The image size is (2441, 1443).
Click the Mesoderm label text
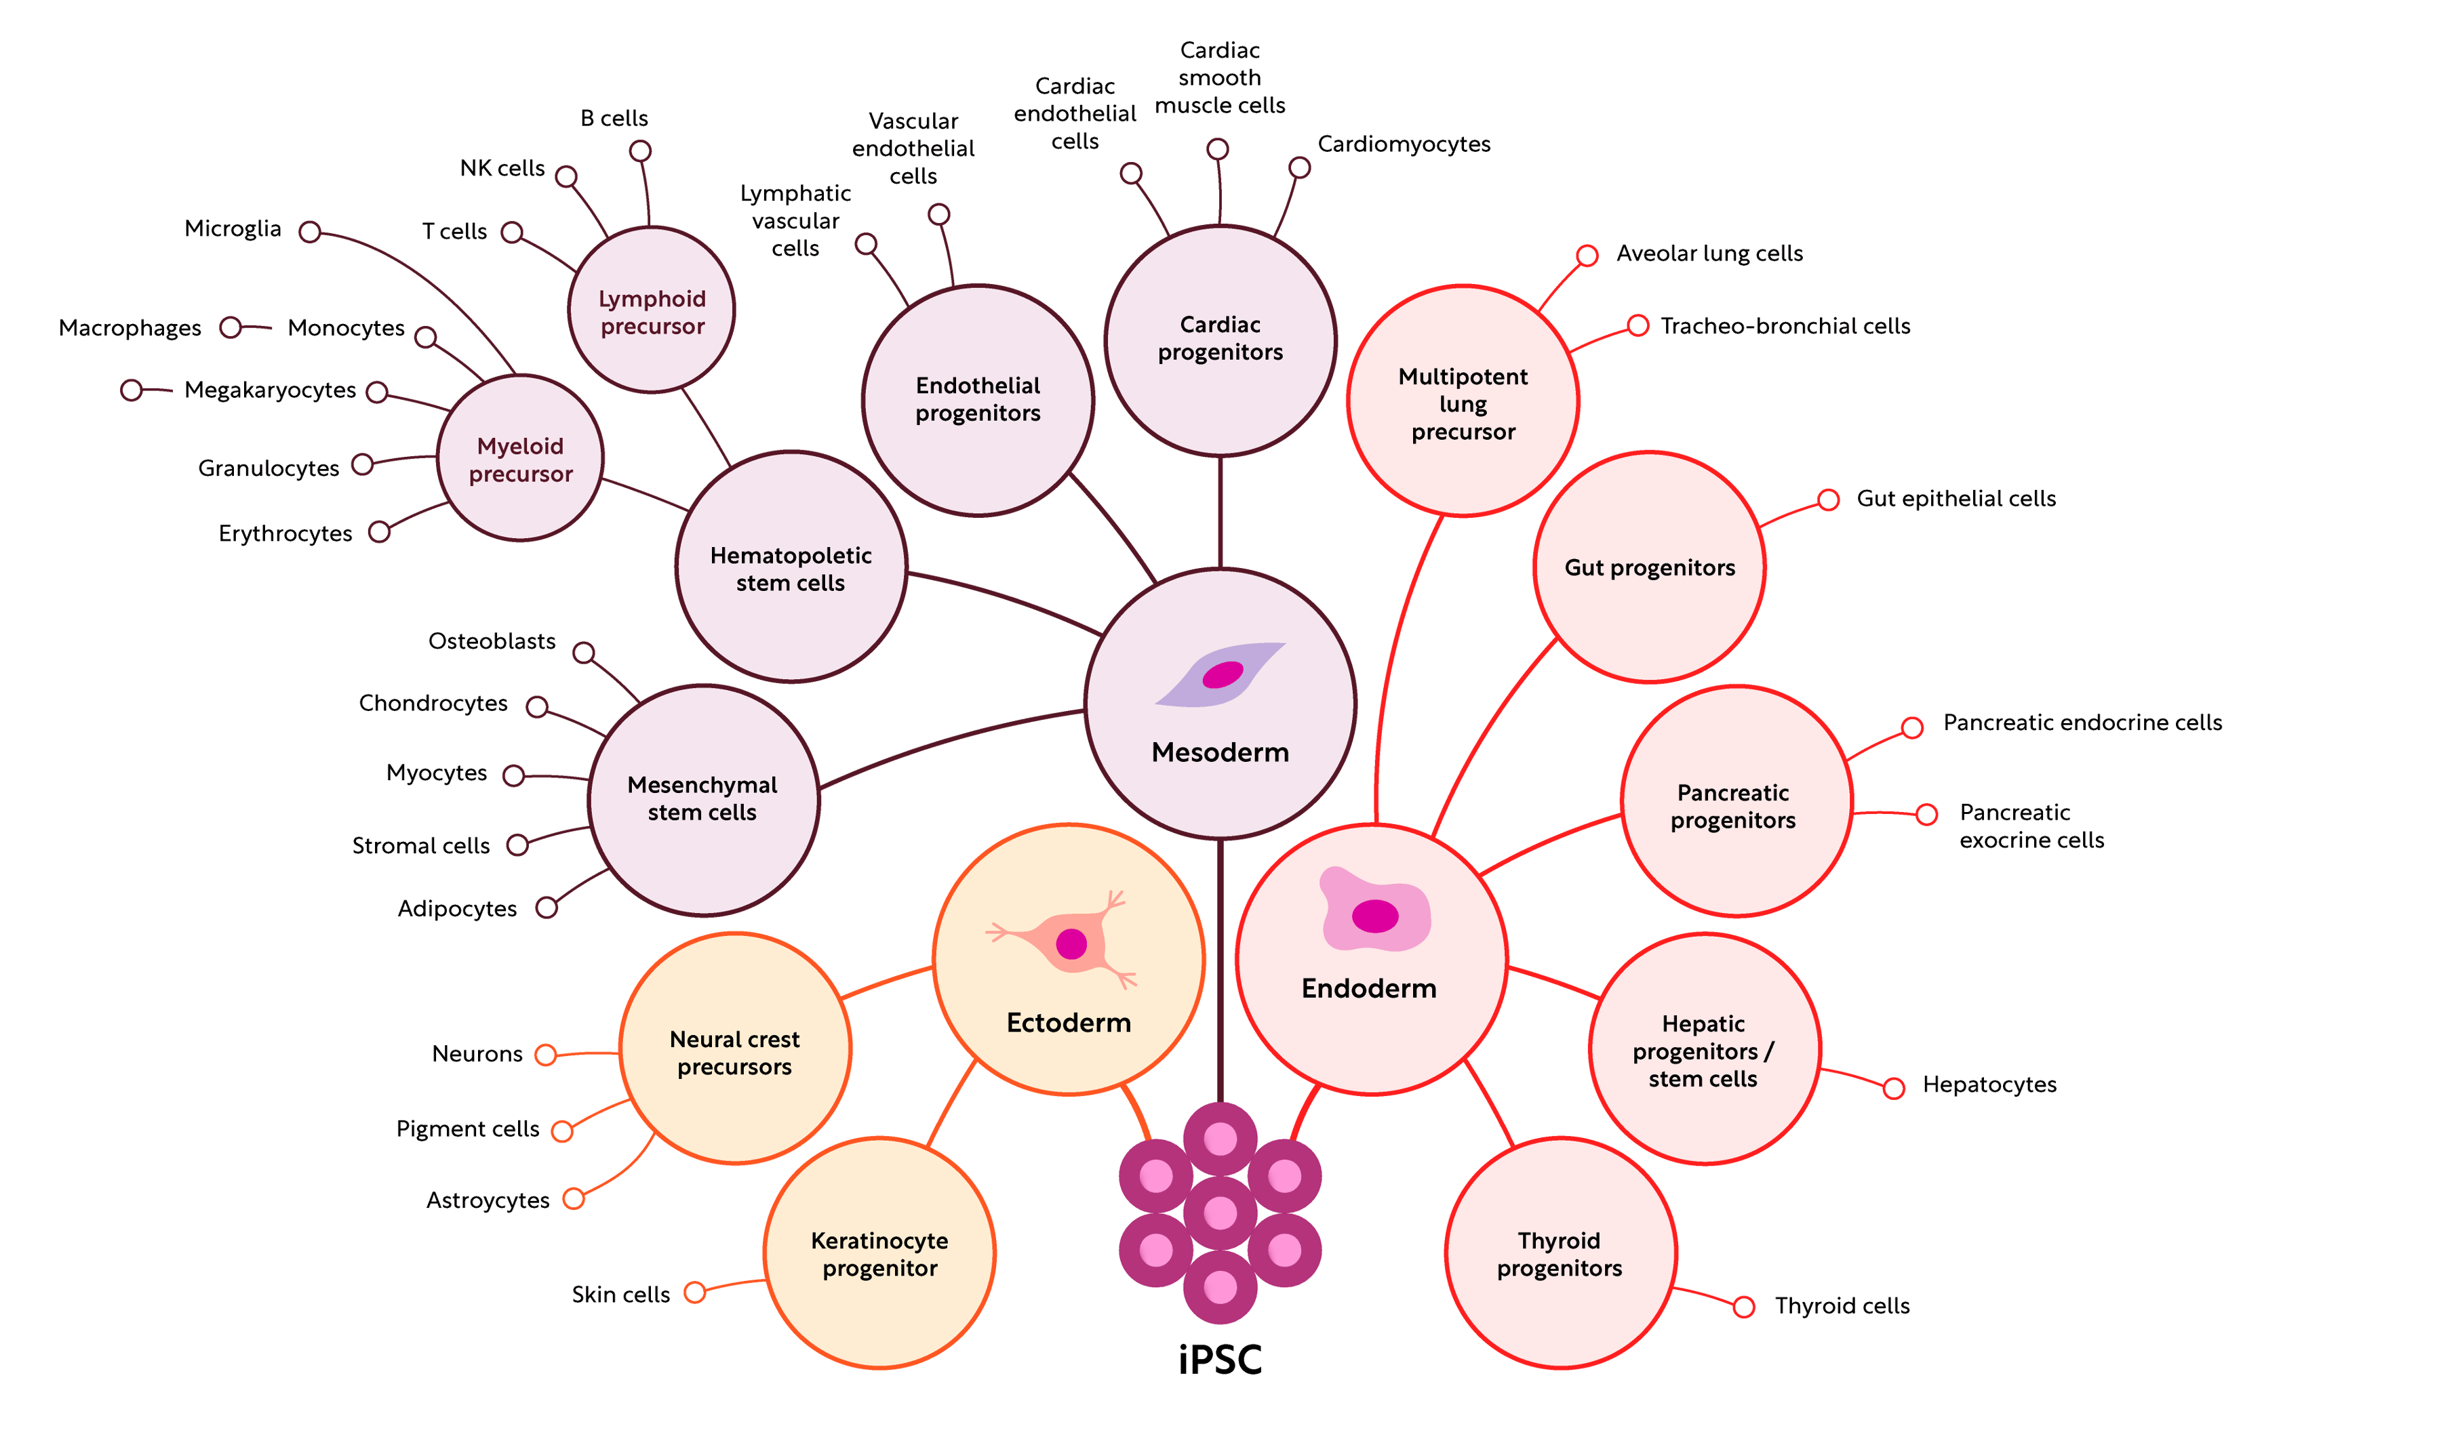point(1220,752)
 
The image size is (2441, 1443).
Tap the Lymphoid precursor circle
point(652,311)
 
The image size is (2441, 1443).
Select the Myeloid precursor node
point(520,459)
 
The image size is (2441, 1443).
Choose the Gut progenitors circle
point(1650,568)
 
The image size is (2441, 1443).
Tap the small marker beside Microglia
point(309,232)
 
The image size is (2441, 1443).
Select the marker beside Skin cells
point(694,1293)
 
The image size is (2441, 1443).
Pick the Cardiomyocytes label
point(1404,144)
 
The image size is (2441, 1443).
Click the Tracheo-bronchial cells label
point(1785,326)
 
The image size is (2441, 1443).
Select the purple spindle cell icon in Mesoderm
point(1221,673)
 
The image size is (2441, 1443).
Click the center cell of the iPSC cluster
point(1220,1213)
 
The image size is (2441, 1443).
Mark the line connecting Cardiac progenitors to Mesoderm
point(1220,512)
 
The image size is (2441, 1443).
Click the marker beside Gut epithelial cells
point(1828,500)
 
